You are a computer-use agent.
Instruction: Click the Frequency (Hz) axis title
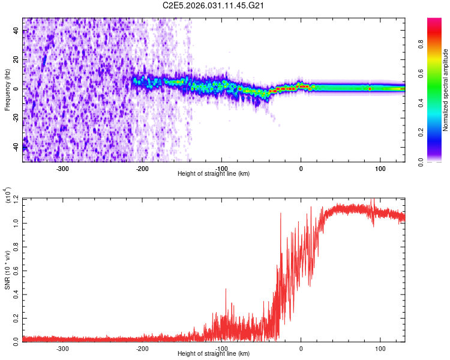[8, 89]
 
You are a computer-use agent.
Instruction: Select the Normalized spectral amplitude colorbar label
[446, 90]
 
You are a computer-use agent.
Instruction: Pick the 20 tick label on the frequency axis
[16, 60]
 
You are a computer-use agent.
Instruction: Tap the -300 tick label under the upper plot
[62, 169]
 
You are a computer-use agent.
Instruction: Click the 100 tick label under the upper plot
[380, 169]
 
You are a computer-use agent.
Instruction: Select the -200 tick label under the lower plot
[142, 348]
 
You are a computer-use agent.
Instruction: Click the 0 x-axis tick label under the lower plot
[301, 348]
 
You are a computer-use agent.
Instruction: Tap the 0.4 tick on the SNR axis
[16, 293]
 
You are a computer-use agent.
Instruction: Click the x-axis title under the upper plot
[214, 174]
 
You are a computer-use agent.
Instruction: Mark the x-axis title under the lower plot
[214, 353]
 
